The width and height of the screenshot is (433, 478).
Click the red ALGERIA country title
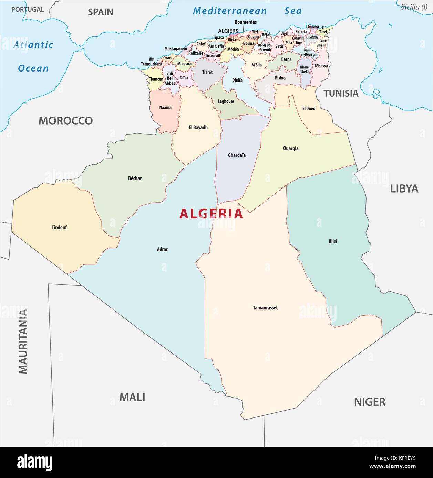[x=211, y=214]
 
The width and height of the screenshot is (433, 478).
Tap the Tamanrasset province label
[x=265, y=308]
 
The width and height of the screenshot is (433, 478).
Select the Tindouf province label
[x=59, y=227]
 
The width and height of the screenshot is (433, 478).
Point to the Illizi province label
[x=333, y=241]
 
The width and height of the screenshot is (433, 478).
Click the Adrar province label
[x=162, y=249]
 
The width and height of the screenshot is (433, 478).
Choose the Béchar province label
[x=135, y=178]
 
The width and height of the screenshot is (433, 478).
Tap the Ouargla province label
[x=291, y=149]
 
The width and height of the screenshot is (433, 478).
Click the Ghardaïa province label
[x=237, y=155]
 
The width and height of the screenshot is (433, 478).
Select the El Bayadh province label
[x=198, y=127]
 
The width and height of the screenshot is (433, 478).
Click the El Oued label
[x=309, y=108]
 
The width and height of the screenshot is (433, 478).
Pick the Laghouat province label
[x=226, y=101]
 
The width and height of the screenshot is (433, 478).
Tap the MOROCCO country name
[x=65, y=121]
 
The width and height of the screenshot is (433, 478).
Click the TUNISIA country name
[x=341, y=93]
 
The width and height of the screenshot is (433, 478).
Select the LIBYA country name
[x=404, y=188]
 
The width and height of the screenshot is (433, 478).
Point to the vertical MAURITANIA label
[x=23, y=341]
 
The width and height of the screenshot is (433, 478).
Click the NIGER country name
[x=370, y=402]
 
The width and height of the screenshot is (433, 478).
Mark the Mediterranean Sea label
[x=247, y=11]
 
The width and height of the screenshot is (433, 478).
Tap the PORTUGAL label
[x=28, y=10]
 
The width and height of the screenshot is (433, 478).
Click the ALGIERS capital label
[x=228, y=31]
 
